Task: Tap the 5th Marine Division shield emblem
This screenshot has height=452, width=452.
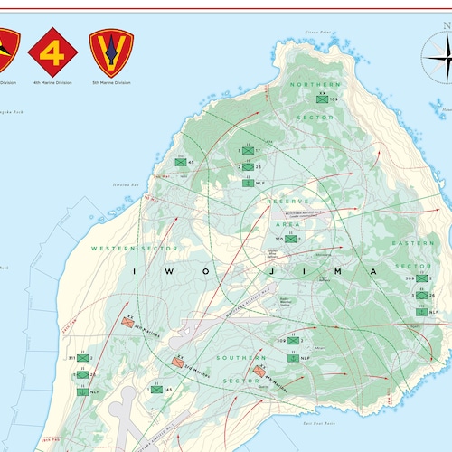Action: [111, 51]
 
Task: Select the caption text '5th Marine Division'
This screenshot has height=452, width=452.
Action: [111, 82]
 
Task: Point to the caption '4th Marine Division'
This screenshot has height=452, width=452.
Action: [51, 82]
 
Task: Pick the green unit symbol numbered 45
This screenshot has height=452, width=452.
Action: [179, 163]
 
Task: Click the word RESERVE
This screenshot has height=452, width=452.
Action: [289, 200]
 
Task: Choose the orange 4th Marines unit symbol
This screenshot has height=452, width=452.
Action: [260, 371]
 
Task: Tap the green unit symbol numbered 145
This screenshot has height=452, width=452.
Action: [155, 390]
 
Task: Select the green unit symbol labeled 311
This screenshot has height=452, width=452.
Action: [83, 359]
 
